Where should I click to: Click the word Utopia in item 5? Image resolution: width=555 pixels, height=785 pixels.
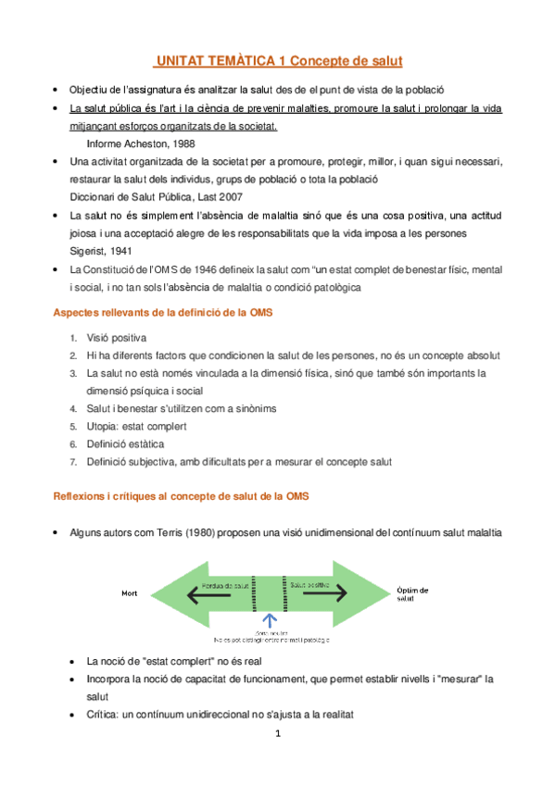tap(105, 426)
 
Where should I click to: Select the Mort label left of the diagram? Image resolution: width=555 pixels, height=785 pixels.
tap(130, 592)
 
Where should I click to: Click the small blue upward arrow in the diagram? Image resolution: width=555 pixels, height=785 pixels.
tap(270, 617)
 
